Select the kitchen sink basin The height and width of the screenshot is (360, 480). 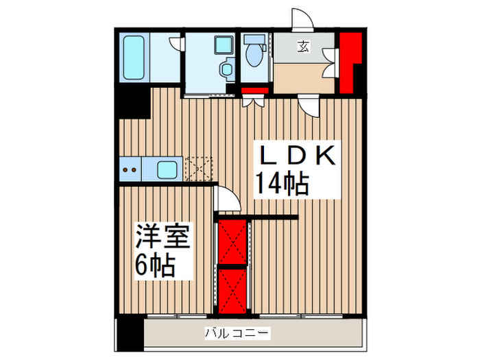[x=167, y=169]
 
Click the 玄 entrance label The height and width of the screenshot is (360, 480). [x=302, y=47]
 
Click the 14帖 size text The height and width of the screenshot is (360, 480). [x=281, y=184]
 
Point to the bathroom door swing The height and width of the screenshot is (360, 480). [x=177, y=43]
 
